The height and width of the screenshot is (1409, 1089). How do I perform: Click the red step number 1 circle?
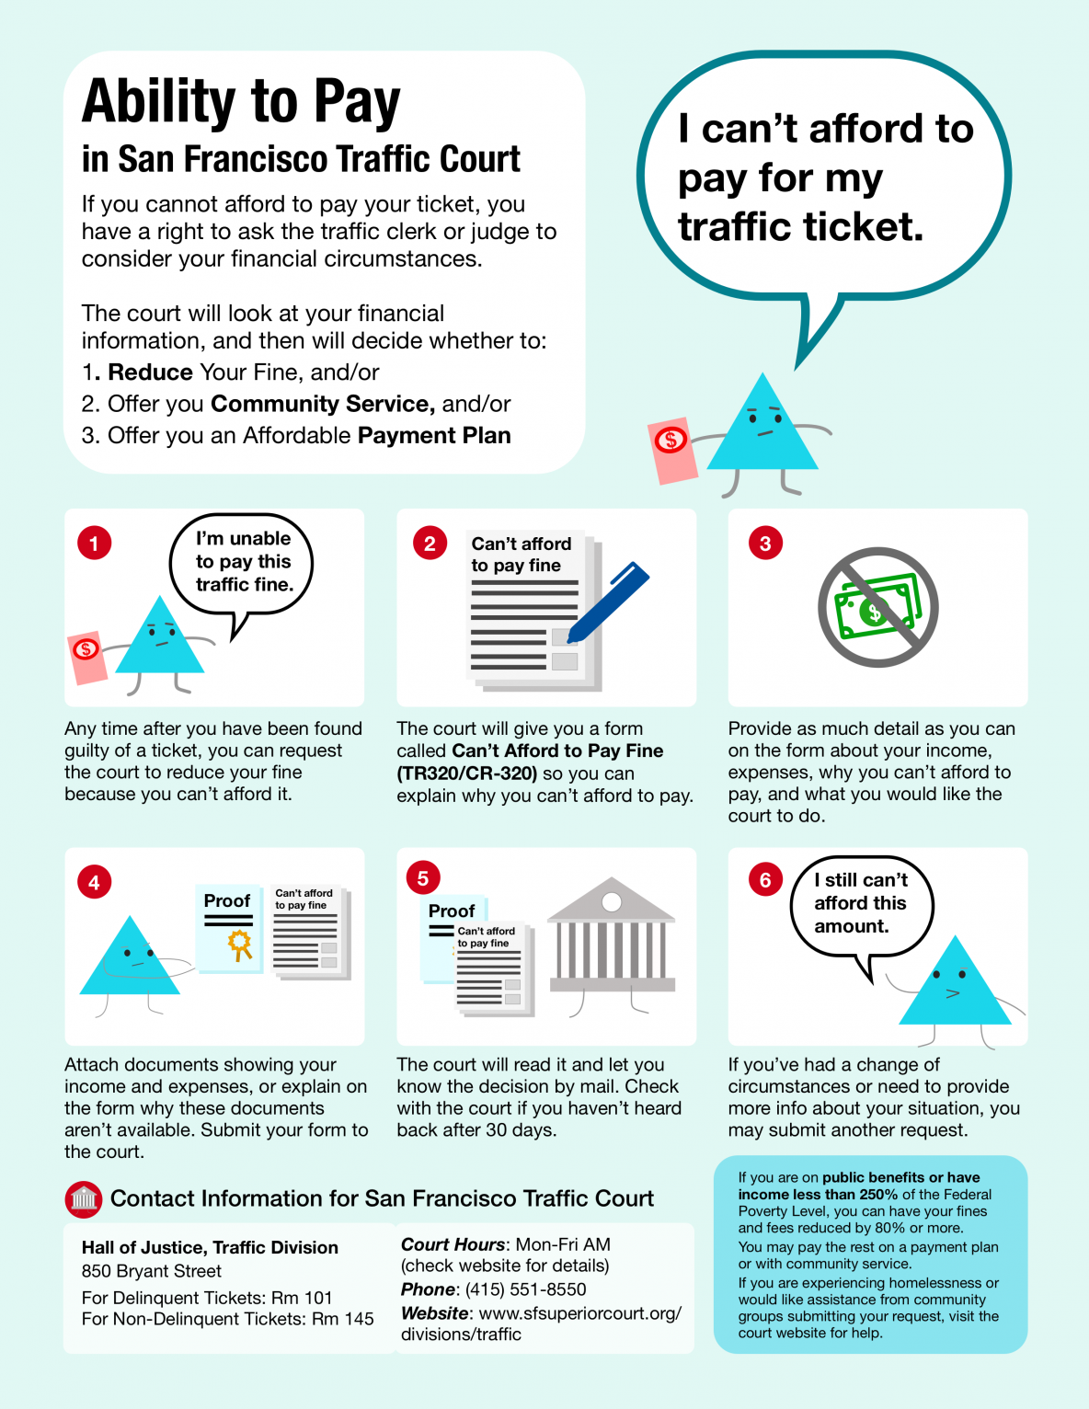click(x=94, y=543)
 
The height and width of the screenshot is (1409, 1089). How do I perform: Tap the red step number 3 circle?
click(x=765, y=543)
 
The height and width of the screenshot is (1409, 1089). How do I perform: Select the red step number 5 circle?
click(x=423, y=878)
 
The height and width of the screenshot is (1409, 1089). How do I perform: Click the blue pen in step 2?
click(x=608, y=601)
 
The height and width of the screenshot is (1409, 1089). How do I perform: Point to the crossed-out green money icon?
click(x=877, y=607)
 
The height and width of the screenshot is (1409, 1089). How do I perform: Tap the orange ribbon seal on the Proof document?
click(x=240, y=945)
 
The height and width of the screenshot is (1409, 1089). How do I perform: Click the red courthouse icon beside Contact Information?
click(x=84, y=1199)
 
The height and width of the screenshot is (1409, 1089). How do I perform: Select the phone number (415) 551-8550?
click(x=525, y=1289)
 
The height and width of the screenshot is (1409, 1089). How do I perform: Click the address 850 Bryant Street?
click(x=152, y=1271)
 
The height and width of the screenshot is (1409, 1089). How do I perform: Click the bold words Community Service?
click(x=323, y=404)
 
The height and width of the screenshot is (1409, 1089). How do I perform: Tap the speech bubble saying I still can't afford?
click(x=861, y=905)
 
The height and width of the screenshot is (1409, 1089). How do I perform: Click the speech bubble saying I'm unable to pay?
click(x=243, y=562)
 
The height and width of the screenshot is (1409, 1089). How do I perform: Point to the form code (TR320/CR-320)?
click(x=467, y=773)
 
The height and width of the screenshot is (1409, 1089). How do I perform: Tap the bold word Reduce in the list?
click(x=150, y=372)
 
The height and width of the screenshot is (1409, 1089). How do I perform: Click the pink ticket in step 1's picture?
click(x=87, y=657)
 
